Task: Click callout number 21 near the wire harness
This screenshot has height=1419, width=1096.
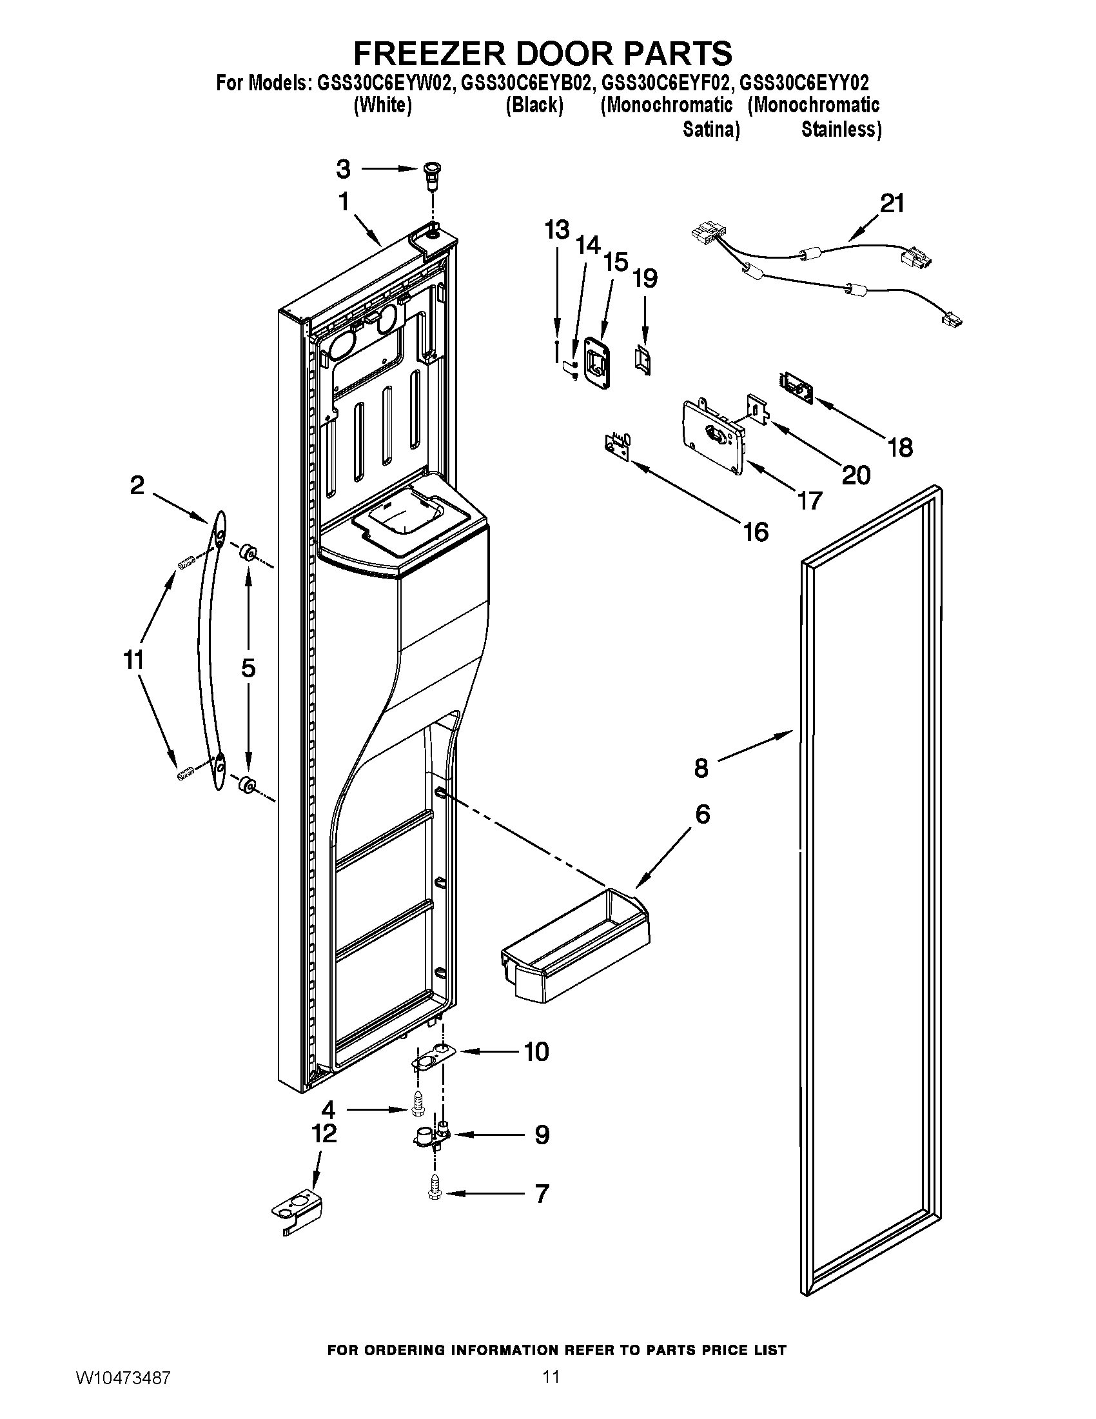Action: click(x=892, y=204)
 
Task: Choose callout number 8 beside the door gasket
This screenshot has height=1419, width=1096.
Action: click(x=701, y=769)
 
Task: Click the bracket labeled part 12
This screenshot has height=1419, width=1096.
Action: click(x=297, y=1213)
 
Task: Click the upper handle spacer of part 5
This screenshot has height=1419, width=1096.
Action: click(x=247, y=553)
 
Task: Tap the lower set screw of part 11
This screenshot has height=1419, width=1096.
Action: click(x=185, y=773)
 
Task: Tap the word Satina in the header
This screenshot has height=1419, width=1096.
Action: click(x=710, y=129)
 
